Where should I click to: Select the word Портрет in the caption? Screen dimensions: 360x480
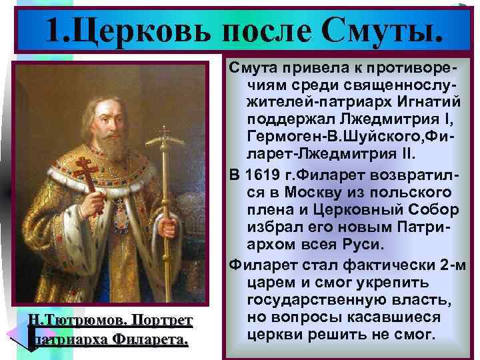click(161, 321)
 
